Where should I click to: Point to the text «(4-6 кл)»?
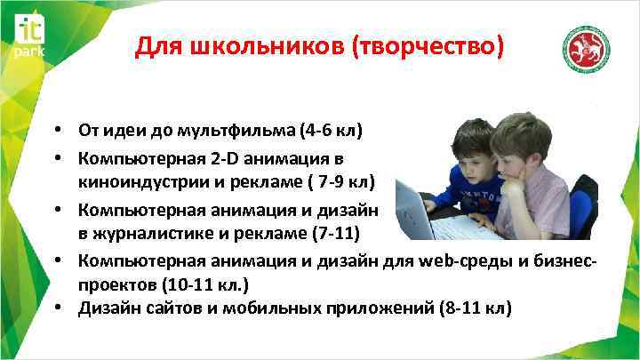coord(332,132)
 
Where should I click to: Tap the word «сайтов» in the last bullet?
coord(171,308)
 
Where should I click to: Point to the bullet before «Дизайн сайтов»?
coord(56,308)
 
